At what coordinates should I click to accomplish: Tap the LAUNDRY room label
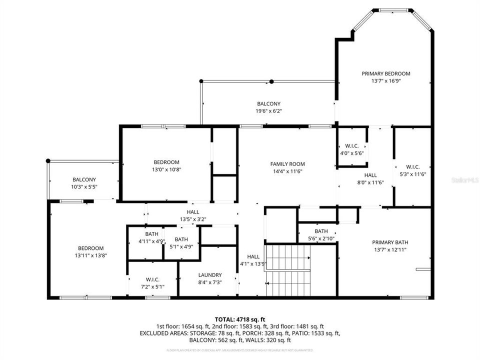(209, 275)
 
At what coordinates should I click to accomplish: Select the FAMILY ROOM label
(287, 164)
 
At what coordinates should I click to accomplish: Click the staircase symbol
(288, 270)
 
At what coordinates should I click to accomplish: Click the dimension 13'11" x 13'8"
(90, 255)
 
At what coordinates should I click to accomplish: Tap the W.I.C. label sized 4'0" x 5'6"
(352, 146)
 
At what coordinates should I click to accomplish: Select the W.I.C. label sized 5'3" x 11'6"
(412, 167)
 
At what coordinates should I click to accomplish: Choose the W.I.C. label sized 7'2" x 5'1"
(152, 279)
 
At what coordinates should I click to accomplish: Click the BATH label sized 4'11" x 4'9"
(151, 234)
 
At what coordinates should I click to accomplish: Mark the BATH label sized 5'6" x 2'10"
(321, 231)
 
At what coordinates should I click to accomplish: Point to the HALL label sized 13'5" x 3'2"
(193, 212)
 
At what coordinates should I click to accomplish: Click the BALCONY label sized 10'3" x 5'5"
(84, 179)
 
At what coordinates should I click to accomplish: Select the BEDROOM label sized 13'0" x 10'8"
(166, 162)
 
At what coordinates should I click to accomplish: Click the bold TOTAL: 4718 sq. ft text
(239, 318)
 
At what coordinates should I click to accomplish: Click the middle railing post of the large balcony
(271, 81)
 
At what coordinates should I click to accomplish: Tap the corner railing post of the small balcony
(48, 161)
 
